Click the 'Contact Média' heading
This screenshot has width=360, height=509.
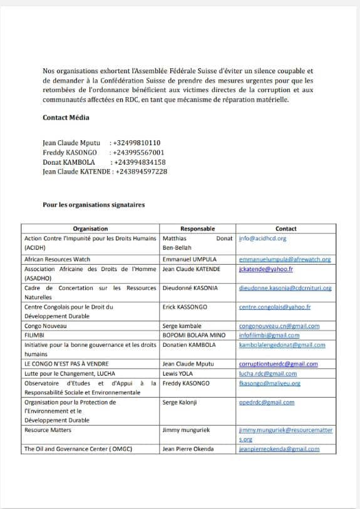point(66,118)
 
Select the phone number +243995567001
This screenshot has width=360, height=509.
point(138,152)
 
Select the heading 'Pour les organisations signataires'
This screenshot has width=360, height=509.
point(93,205)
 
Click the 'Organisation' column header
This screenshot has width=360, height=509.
point(90,229)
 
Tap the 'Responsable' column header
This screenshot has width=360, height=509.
point(197,229)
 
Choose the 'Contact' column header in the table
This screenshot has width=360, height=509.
point(285,229)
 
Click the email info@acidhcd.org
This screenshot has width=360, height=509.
point(262,239)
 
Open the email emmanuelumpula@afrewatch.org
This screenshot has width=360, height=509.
point(285,259)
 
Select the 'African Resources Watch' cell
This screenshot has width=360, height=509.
point(57,259)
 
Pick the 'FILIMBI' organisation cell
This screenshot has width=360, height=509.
point(35,336)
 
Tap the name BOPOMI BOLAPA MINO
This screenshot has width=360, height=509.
point(193,336)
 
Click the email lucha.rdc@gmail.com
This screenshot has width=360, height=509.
point(268,373)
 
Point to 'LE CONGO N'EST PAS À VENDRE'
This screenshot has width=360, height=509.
point(66,364)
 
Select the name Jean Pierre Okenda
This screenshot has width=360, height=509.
point(188,449)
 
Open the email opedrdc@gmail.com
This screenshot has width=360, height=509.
point(267,402)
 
